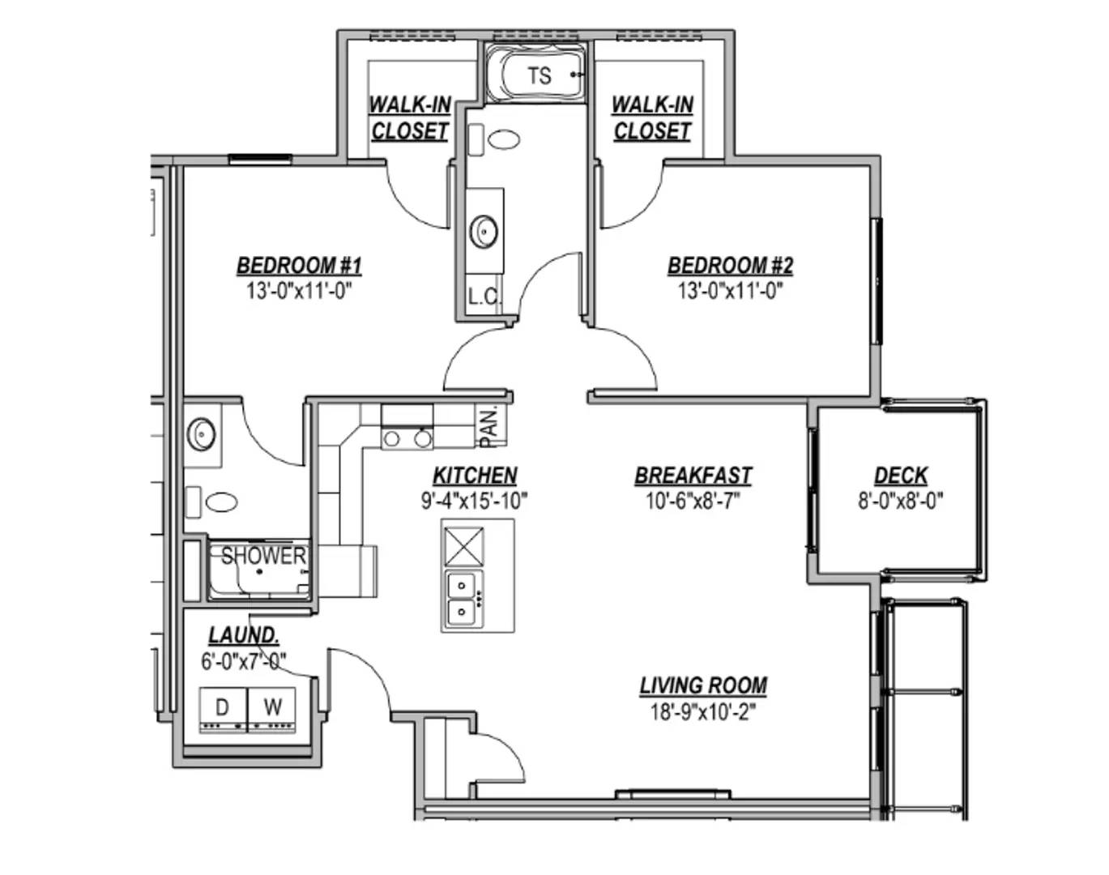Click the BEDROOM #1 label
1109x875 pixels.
pos(299,266)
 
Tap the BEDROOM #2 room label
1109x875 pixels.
pos(730,266)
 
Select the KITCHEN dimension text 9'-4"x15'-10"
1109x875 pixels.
pos(475,501)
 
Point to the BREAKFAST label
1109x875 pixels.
pos(693,476)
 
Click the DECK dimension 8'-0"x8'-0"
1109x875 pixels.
pos(901,501)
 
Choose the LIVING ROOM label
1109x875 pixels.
pos(703,685)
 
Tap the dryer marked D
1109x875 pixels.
pos(223,709)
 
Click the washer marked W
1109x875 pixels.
pos(271,709)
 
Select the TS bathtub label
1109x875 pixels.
pos(540,76)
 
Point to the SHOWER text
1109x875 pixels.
pos(263,556)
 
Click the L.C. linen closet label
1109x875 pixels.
pos(484,297)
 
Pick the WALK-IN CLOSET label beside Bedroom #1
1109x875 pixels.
pos(410,118)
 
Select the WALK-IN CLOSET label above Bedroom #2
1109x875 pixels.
pos(652,118)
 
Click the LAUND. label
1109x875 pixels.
pos(244,634)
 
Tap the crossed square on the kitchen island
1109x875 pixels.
pos(464,547)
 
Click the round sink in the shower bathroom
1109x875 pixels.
pos(201,434)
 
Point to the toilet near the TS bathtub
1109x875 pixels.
pos(504,139)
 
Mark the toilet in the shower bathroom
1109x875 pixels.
pos(222,502)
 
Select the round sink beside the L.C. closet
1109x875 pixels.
pos(484,232)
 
